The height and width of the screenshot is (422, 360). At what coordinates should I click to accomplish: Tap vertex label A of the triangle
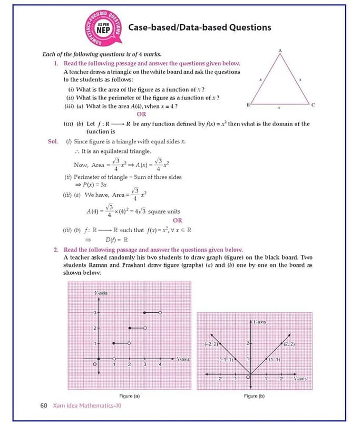pyautogui.click(x=280, y=50)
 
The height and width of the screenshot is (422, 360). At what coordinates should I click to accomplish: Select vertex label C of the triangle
pyautogui.click(x=313, y=105)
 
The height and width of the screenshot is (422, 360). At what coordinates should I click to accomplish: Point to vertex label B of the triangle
pyautogui.click(x=248, y=105)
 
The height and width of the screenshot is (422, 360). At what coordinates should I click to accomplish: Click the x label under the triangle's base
pyautogui.click(x=279, y=109)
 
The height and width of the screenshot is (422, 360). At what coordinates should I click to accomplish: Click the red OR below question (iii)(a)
pyautogui.click(x=141, y=114)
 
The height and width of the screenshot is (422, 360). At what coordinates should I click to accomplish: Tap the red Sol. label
pyautogui.click(x=53, y=141)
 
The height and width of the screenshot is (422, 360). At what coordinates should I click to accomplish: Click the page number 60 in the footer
pyautogui.click(x=44, y=406)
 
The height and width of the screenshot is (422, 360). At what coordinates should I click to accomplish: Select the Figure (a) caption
pyautogui.click(x=130, y=396)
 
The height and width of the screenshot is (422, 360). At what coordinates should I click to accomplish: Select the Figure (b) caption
pyautogui.click(x=254, y=396)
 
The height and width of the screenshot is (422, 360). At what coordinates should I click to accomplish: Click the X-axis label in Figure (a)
pyautogui.click(x=183, y=359)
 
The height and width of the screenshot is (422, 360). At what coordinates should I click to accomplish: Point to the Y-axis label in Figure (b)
pyautogui.click(x=259, y=321)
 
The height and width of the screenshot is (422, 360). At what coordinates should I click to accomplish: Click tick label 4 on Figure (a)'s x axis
pyautogui.click(x=160, y=365)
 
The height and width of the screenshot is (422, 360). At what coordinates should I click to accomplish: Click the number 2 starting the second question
pyautogui.click(x=55, y=249)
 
